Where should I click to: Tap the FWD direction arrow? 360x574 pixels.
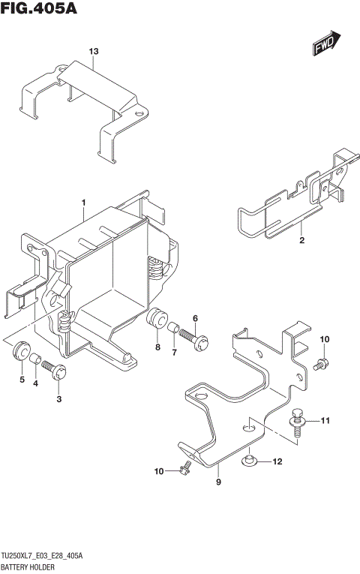pos(327,44)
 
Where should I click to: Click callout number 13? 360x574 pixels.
pos(93,51)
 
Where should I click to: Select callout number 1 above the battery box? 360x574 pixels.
pos(83,203)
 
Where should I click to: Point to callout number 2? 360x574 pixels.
pos(301,241)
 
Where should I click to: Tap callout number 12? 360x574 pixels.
pos(277,461)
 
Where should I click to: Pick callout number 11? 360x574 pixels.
pos(326,420)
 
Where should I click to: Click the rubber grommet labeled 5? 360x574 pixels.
pos(21,350)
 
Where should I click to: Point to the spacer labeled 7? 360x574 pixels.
pos(172,328)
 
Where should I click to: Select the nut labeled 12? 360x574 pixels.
pos(250,460)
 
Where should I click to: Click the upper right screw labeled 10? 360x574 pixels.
pos(321,364)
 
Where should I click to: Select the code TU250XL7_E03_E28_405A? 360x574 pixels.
pos(42,555)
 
